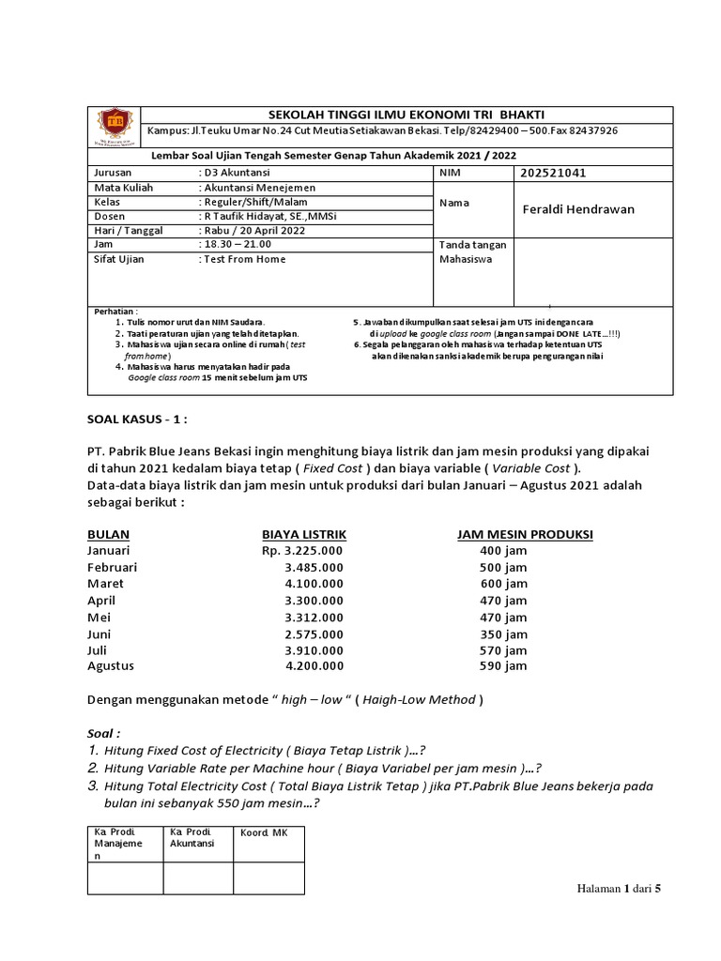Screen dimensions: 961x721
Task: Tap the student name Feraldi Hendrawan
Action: pyautogui.click(x=577, y=208)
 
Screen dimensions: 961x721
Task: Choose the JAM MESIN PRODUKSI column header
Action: pyautogui.click(x=525, y=534)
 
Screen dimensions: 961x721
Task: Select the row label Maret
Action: pyautogui.click(x=105, y=583)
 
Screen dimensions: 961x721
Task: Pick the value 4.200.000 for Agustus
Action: pyautogui.click(x=314, y=665)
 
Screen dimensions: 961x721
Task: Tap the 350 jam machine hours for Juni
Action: pyautogui.click(x=502, y=633)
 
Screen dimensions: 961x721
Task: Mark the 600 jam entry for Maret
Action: pyautogui.click(x=503, y=583)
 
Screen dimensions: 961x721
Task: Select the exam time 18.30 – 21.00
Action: pyautogui.click(x=233, y=244)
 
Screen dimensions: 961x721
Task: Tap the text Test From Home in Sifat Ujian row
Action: pyautogui.click(x=244, y=259)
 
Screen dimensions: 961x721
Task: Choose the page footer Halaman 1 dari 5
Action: pyautogui.click(x=620, y=888)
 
